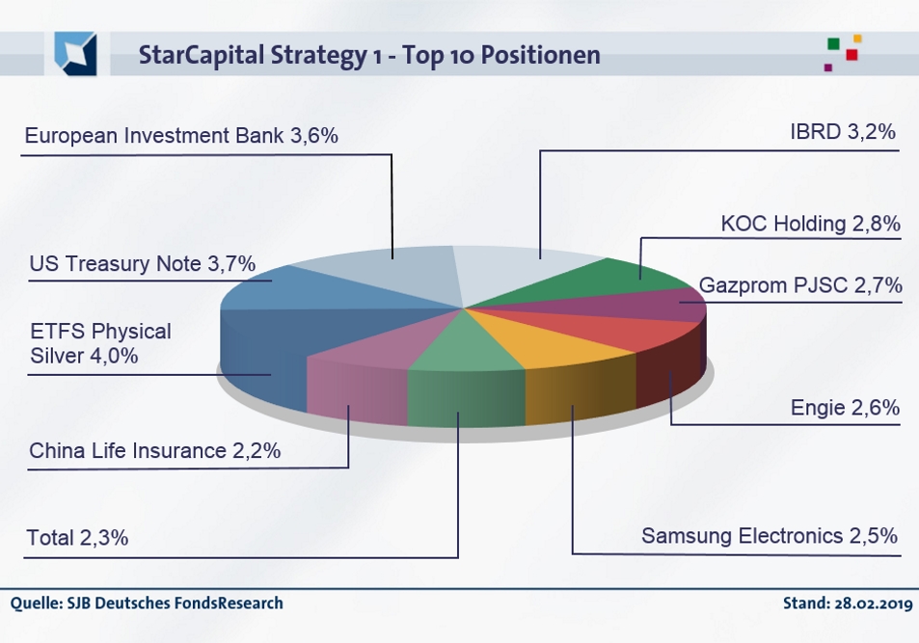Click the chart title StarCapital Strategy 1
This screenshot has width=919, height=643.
pos(369,55)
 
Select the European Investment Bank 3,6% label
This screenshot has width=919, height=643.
pos(181,136)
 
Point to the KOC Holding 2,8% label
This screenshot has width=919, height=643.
pos(810,225)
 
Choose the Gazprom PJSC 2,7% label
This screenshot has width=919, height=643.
pos(800,285)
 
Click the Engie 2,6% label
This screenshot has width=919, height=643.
pos(845,408)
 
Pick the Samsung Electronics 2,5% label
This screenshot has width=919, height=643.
pos(770,535)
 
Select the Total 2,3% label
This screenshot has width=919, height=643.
pos(77,538)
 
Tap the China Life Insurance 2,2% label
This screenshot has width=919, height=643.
pos(154,450)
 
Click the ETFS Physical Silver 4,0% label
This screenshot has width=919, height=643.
pos(99,343)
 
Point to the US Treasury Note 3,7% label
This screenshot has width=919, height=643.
pos(142,263)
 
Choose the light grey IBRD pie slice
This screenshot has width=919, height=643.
pos(521,265)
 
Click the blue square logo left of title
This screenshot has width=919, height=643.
pos(75,53)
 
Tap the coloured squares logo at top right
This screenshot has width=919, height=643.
pos(842,52)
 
